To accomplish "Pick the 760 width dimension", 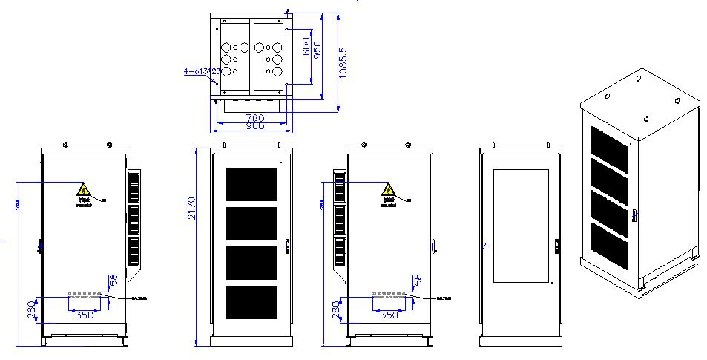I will coord(254,117).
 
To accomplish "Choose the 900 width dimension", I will coord(254,127).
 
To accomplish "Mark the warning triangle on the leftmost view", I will coord(84,189).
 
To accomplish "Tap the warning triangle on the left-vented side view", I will coord(388,189).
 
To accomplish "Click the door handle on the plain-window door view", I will coord(556,245).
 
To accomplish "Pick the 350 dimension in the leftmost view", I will coord(85,314).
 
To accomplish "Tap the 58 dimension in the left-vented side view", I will coord(418,281).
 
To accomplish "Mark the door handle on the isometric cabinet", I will coord(635,215).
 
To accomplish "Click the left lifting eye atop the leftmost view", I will coord(66,145).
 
